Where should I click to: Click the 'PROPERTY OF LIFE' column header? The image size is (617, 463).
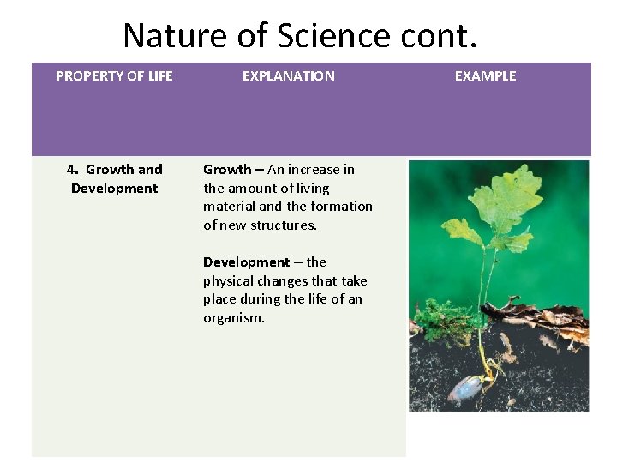(114, 76)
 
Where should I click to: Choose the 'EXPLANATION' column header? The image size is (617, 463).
(288, 76)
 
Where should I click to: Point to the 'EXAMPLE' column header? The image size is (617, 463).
(485, 76)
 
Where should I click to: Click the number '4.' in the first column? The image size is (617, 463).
(74, 170)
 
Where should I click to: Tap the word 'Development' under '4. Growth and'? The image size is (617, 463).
(114, 189)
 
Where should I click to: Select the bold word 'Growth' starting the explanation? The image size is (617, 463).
(227, 170)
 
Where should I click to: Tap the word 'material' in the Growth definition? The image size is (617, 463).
(229, 207)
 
